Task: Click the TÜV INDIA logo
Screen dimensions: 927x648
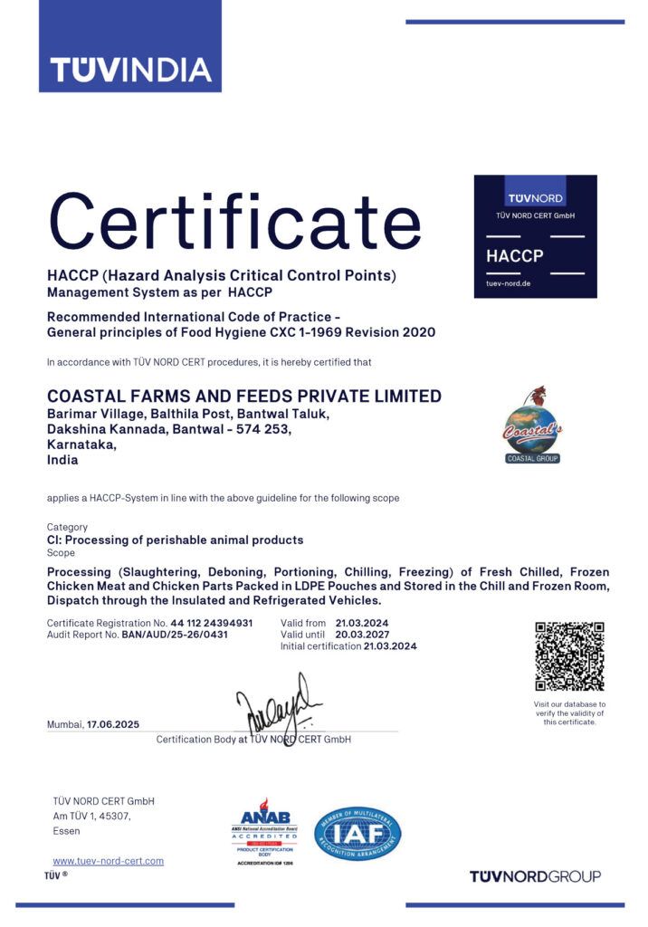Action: (130, 69)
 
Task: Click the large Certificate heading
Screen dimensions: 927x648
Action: (234, 222)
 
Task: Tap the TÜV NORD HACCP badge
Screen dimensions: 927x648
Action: (536, 236)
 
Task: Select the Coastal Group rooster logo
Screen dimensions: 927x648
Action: (532, 425)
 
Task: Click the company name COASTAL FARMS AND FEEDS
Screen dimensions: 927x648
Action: (244, 397)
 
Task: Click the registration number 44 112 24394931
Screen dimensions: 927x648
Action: (212, 623)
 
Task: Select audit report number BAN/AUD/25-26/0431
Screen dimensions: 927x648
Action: (175, 635)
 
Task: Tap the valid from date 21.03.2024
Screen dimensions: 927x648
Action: (361, 623)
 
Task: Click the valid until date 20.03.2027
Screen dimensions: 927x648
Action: (361, 635)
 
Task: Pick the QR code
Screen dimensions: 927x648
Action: (569, 656)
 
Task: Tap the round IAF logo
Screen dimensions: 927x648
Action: (357, 834)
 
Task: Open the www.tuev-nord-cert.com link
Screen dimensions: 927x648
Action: (109, 861)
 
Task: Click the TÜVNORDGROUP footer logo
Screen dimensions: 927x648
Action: (535, 875)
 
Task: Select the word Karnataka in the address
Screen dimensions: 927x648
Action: (81, 444)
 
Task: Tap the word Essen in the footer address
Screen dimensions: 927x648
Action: (67, 831)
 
